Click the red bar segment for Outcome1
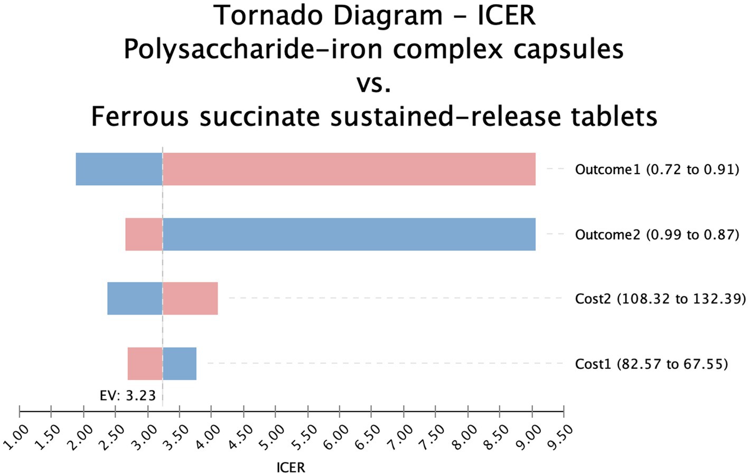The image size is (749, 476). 349,169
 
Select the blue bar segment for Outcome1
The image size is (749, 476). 119,169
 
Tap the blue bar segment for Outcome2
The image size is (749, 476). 349,234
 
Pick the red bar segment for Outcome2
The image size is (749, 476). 144,234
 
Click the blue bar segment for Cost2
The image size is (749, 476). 135,299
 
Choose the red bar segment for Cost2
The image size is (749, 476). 190,299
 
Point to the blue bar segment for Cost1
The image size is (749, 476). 180,364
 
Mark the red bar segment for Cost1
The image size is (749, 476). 145,364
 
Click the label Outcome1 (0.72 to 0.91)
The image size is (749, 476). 657,169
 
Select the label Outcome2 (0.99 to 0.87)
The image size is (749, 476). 657,234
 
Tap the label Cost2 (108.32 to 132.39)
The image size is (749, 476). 660,299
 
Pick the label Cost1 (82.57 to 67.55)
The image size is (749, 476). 651,364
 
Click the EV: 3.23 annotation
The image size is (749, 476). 128,396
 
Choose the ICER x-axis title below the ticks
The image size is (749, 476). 291,468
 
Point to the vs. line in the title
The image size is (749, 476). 374,83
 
